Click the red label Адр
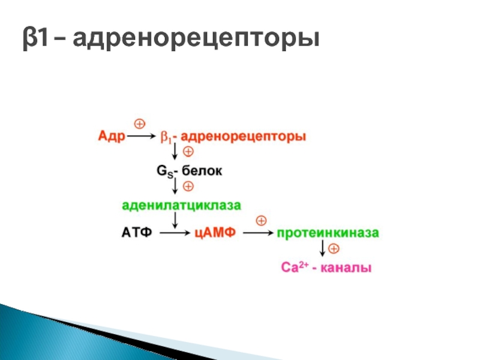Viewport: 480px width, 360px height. [x=112, y=136]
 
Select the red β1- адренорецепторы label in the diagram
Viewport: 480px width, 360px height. [x=233, y=137]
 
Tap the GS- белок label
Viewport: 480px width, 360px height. [x=189, y=171]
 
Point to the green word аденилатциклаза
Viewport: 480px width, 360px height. [x=182, y=205]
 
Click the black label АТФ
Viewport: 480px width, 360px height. [x=137, y=233]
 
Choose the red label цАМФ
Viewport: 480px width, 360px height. [x=215, y=233]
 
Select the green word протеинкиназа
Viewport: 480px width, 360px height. [x=328, y=233]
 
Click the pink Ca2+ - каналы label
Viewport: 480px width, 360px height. [x=326, y=267]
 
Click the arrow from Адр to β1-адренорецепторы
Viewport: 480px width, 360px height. [x=142, y=136]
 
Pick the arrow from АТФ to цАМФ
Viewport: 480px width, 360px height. [x=175, y=233]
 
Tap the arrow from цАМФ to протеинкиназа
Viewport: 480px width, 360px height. [x=259, y=233]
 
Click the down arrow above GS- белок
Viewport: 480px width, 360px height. [x=175, y=151]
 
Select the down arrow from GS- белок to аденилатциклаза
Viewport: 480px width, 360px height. [x=175, y=185]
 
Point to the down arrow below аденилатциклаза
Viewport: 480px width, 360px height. [x=175, y=220]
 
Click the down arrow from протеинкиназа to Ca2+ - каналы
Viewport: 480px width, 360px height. [x=322, y=248]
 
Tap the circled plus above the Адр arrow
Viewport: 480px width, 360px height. [x=140, y=124]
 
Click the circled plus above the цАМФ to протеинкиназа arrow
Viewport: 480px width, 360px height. [x=261, y=221]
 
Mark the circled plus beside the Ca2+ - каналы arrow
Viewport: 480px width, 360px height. [x=334, y=248]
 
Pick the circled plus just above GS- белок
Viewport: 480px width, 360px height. [x=188, y=152]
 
